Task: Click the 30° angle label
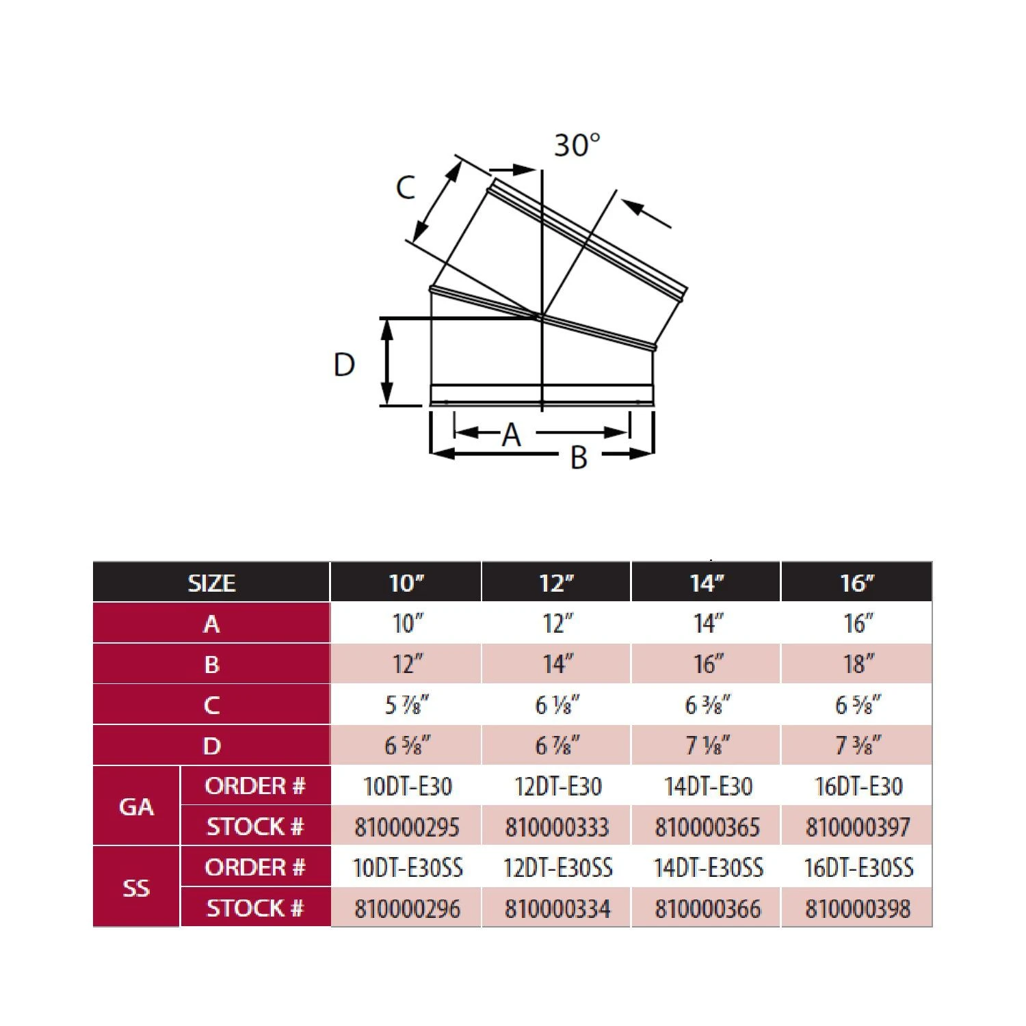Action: coord(577,145)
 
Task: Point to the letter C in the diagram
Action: coord(406,187)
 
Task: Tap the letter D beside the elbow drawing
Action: coord(344,365)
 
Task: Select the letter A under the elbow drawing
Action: coord(512,434)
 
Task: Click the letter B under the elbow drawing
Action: coord(579,458)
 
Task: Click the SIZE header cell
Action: coord(211,583)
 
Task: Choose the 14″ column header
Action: coord(705,583)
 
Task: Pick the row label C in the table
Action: coord(211,705)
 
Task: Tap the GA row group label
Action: coord(136,807)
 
